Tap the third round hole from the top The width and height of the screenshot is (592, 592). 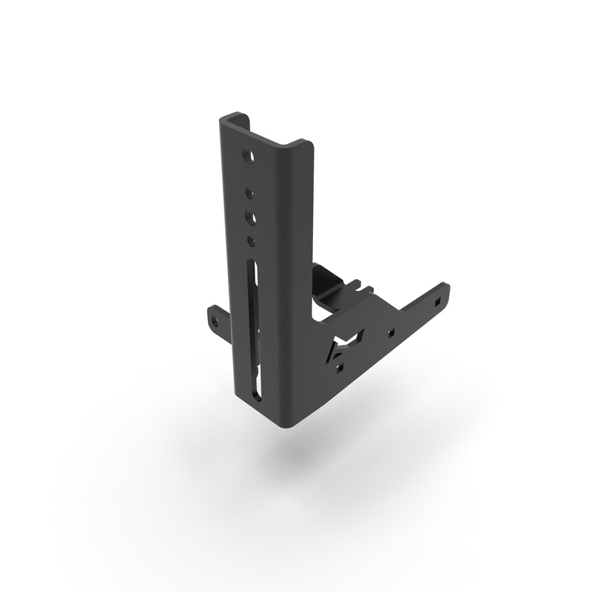coord(252,218)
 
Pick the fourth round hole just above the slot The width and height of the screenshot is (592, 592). coord(251,240)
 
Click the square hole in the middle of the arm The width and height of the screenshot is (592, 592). coord(392,332)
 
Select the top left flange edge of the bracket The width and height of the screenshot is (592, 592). coord(231,118)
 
